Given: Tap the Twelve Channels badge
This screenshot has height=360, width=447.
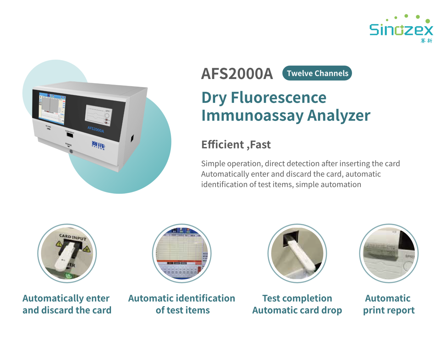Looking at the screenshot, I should pyautogui.click(x=317, y=73).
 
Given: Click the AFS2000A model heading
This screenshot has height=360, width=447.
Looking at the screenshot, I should pyautogui.click(x=237, y=74).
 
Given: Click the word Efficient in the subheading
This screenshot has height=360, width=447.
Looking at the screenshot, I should pyautogui.click(x=222, y=144).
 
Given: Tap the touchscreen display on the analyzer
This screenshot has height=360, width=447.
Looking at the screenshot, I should pyautogui.click(x=52, y=108).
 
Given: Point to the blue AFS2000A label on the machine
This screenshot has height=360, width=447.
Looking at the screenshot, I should pyautogui.click(x=95, y=129).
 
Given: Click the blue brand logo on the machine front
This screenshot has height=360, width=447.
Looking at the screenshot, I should pyautogui.click(x=98, y=145).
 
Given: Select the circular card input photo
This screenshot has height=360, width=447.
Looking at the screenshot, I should pyautogui.click(x=67, y=253).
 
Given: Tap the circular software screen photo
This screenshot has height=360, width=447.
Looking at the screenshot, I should pyautogui.click(x=182, y=253).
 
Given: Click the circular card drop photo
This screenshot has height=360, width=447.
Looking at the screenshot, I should pyautogui.click(x=297, y=253).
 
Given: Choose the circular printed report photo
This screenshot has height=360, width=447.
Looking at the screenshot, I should pyautogui.click(x=389, y=253).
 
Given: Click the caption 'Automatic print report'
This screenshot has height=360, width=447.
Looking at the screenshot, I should pyautogui.click(x=389, y=304).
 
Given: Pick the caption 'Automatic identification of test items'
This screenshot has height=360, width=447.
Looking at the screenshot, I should pyautogui.click(x=182, y=304).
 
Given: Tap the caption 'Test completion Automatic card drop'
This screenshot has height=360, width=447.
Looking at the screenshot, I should pyautogui.click(x=297, y=304).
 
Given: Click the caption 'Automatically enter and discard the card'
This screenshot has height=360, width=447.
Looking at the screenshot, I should pyautogui.click(x=67, y=304).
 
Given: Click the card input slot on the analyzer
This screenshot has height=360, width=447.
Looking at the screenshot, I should pyautogui.click(x=69, y=135).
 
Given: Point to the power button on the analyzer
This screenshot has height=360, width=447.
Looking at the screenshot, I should pyautogui.click(x=71, y=151).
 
